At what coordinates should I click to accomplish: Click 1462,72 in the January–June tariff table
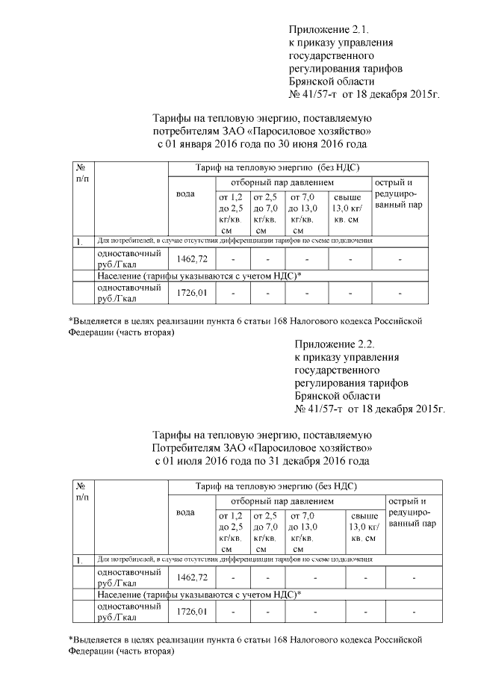(x=191, y=258)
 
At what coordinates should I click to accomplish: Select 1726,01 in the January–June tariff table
(x=191, y=293)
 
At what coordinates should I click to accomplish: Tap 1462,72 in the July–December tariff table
(x=191, y=577)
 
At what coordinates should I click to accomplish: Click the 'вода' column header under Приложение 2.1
(x=185, y=194)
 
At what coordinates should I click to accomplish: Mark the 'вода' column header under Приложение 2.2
(x=185, y=513)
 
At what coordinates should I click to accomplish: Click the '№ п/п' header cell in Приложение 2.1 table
(x=83, y=173)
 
